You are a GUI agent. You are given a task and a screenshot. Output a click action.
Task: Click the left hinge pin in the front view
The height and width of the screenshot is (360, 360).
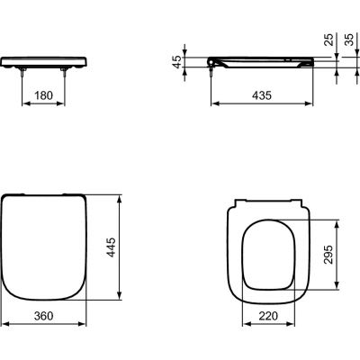pyautogui.click(x=22, y=75)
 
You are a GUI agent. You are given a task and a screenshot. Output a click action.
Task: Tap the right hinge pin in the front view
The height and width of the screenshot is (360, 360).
pyautogui.click(x=69, y=75)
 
